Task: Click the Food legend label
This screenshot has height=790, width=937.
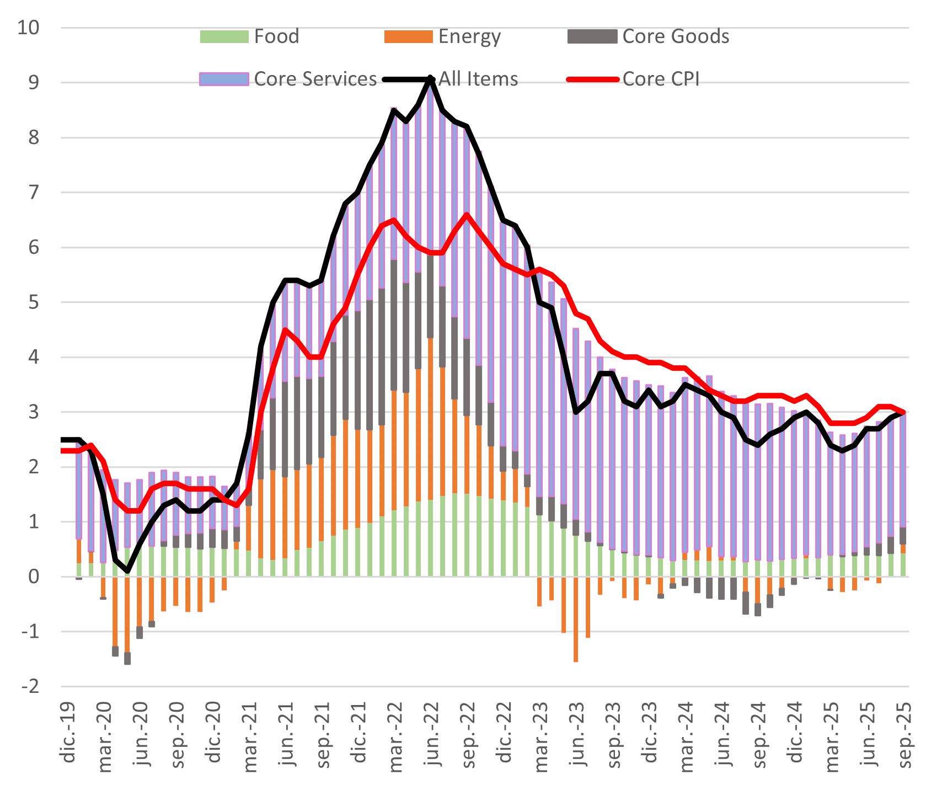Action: (276, 36)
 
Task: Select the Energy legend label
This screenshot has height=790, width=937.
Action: (469, 36)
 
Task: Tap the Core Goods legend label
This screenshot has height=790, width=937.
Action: (676, 36)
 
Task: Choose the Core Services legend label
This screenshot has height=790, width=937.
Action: (315, 79)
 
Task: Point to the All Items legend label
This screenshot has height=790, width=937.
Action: (478, 79)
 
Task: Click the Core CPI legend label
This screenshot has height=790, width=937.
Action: (661, 79)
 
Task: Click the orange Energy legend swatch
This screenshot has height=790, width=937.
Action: (408, 36)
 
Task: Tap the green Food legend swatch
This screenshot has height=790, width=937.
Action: (224, 36)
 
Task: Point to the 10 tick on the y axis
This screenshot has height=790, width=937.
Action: (29, 28)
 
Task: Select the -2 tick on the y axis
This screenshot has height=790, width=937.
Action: (29, 686)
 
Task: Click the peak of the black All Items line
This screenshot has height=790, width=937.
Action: (430, 79)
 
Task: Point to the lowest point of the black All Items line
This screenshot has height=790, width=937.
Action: (127, 571)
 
